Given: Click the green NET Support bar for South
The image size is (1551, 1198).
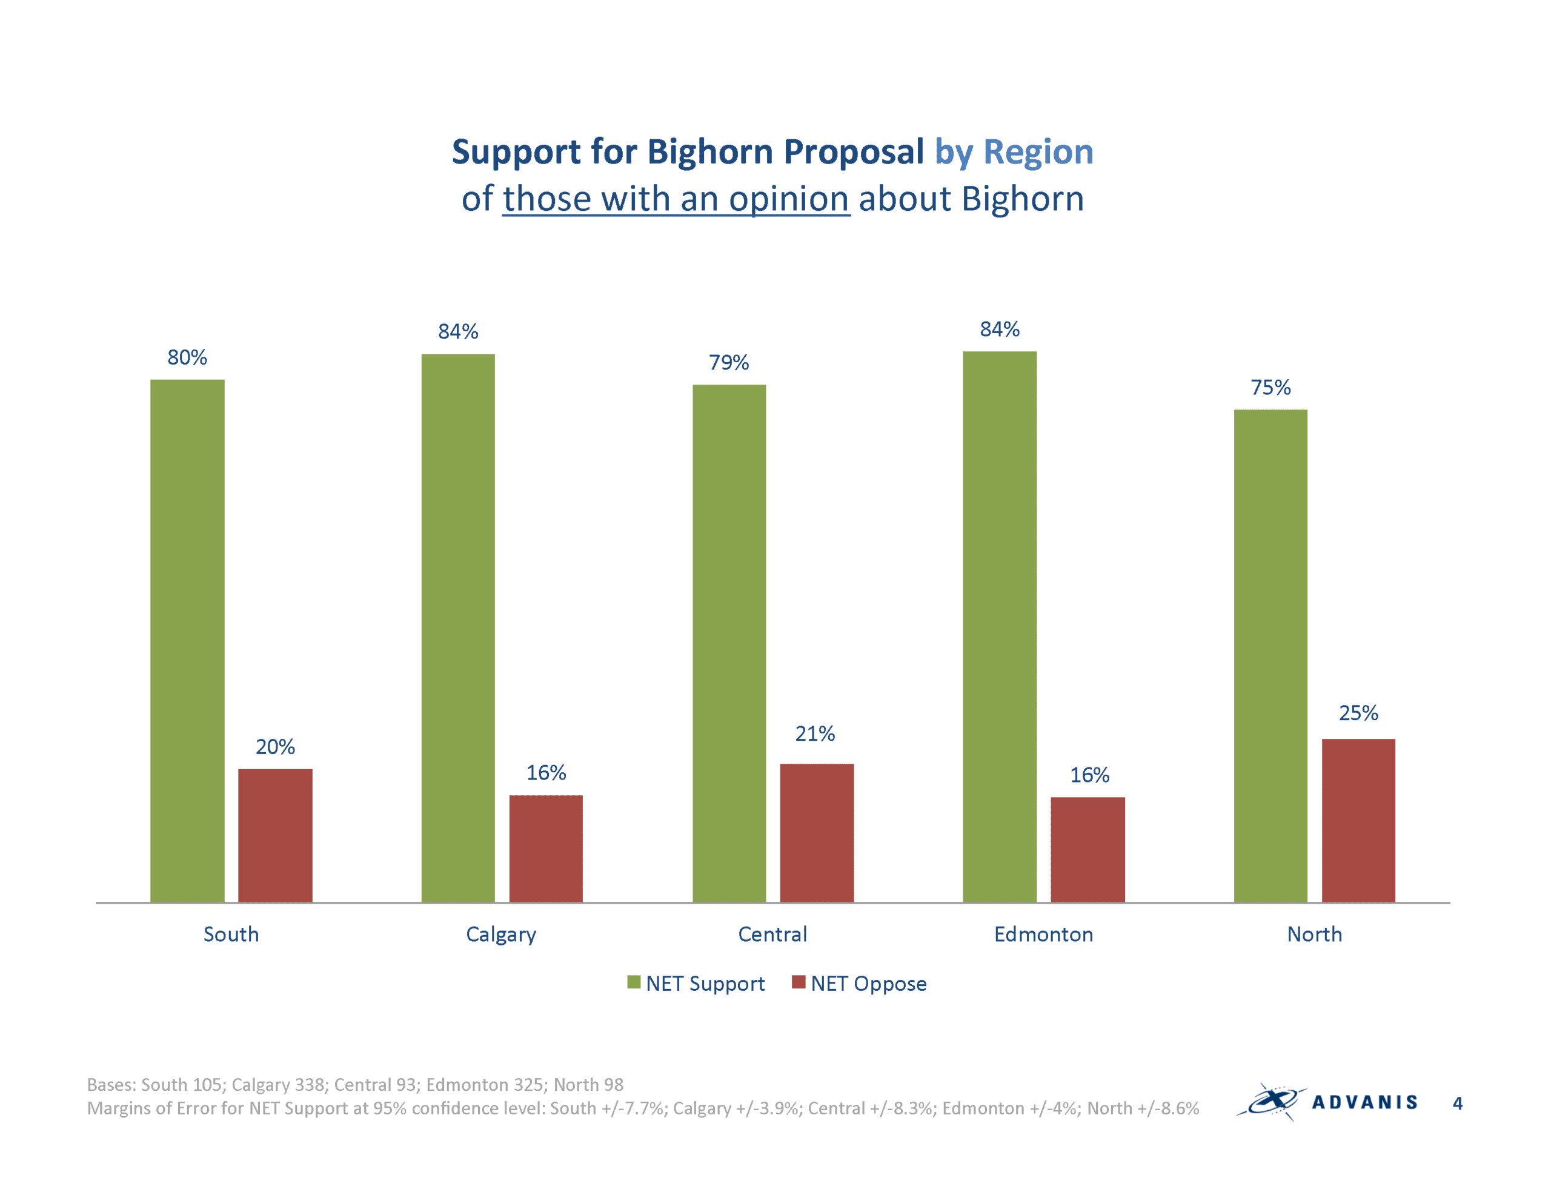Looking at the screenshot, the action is (x=187, y=641).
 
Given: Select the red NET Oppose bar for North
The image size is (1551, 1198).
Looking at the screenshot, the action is (x=1358, y=820).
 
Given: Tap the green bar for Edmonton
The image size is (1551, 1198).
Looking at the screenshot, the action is (x=999, y=626).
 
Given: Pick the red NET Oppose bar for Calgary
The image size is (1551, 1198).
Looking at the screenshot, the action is (x=545, y=849).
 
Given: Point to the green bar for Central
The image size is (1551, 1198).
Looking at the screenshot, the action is (x=729, y=643).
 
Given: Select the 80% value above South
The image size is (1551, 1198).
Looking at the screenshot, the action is (x=187, y=357).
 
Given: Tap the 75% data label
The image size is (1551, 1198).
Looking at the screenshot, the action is (x=1270, y=387).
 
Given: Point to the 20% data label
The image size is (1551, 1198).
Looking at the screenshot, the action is (x=275, y=746).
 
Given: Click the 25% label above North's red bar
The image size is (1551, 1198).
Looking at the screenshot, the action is (x=1358, y=712).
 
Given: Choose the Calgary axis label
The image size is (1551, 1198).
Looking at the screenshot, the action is (x=500, y=935).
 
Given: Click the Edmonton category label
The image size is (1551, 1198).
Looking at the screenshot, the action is (x=1043, y=934).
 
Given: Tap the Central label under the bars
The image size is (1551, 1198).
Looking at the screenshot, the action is (x=772, y=934).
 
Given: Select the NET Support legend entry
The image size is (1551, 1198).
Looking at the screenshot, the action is (x=696, y=984).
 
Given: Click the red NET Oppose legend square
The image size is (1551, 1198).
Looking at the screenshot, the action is (x=799, y=982).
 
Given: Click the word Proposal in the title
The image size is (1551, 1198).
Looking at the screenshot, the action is (x=854, y=153).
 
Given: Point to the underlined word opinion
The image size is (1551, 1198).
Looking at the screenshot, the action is (x=789, y=199).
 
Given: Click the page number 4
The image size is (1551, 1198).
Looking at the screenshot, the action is (x=1457, y=1103).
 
